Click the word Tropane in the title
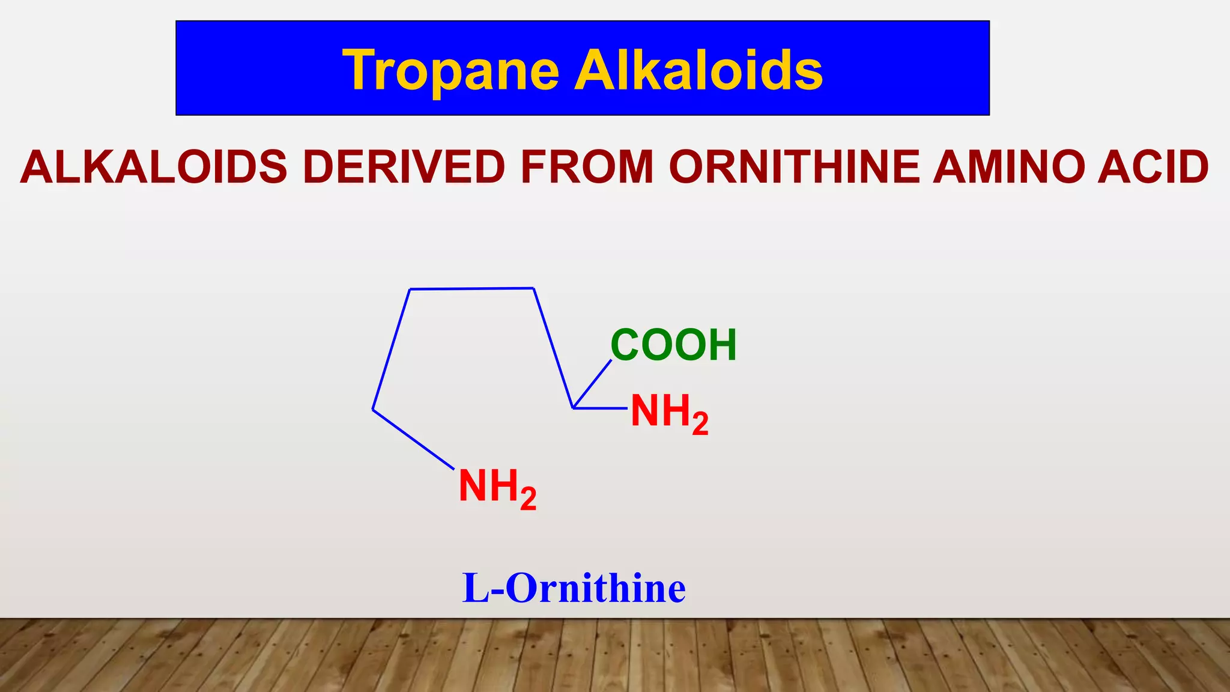(450, 71)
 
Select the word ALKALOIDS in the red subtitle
(154, 167)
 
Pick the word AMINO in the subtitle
(1010, 167)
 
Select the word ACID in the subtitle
(1153, 167)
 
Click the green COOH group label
(673, 345)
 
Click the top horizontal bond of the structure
(471, 289)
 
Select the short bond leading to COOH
(593, 384)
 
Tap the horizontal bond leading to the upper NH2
(601, 408)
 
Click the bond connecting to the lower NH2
(413, 439)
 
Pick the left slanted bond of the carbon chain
(392, 349)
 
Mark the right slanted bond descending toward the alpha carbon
(553, 348)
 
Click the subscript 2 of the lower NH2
(528, 500)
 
